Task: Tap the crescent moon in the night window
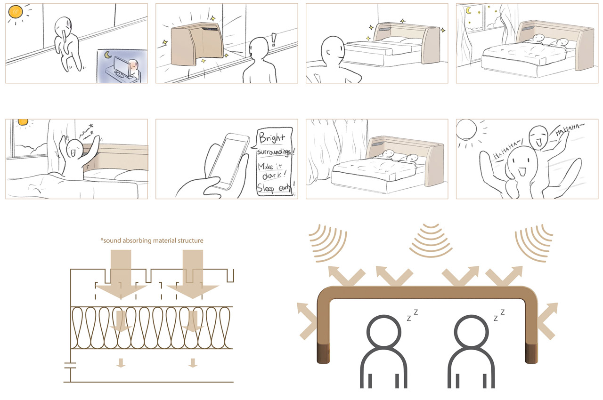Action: [468, 11]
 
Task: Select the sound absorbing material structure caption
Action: [152, 240]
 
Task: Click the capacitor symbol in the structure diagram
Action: [70, 364]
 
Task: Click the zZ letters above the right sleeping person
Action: [499, 315]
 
